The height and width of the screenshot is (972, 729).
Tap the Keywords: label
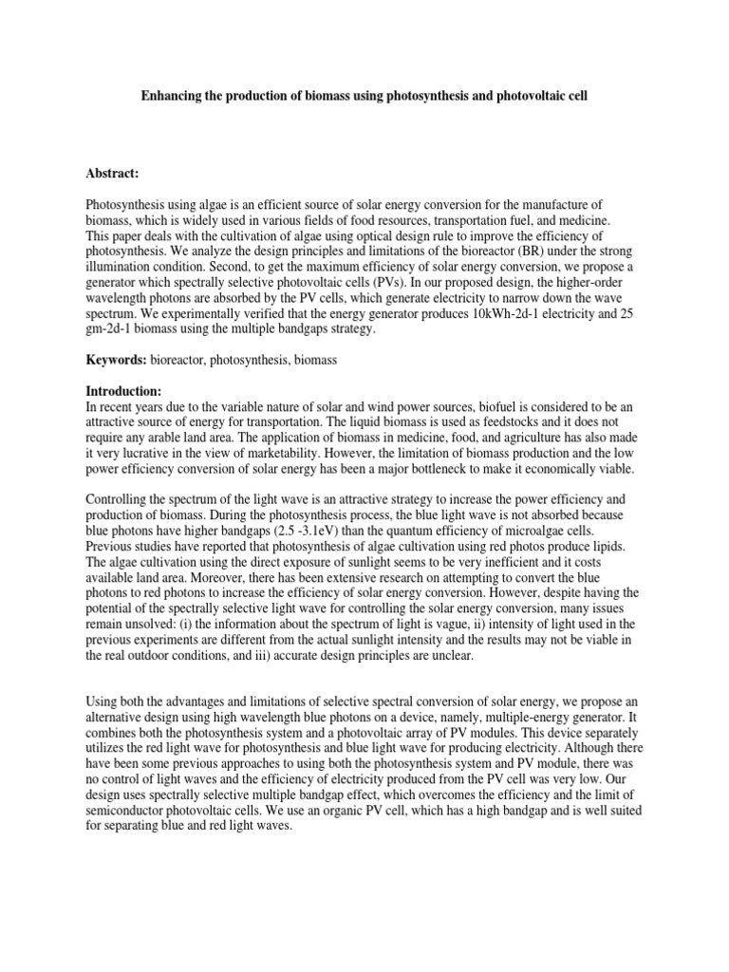pyautogui.click(x=115, y=361)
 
